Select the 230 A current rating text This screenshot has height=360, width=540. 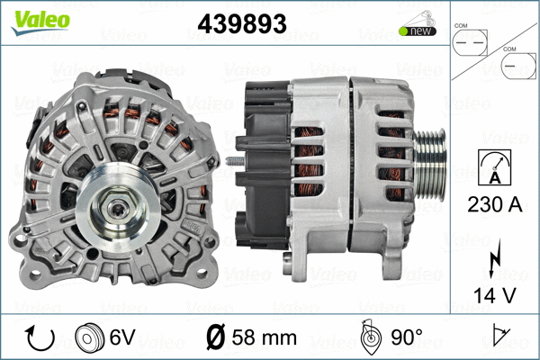click(494, 204)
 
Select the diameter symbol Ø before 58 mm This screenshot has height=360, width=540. click(219, 338)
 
